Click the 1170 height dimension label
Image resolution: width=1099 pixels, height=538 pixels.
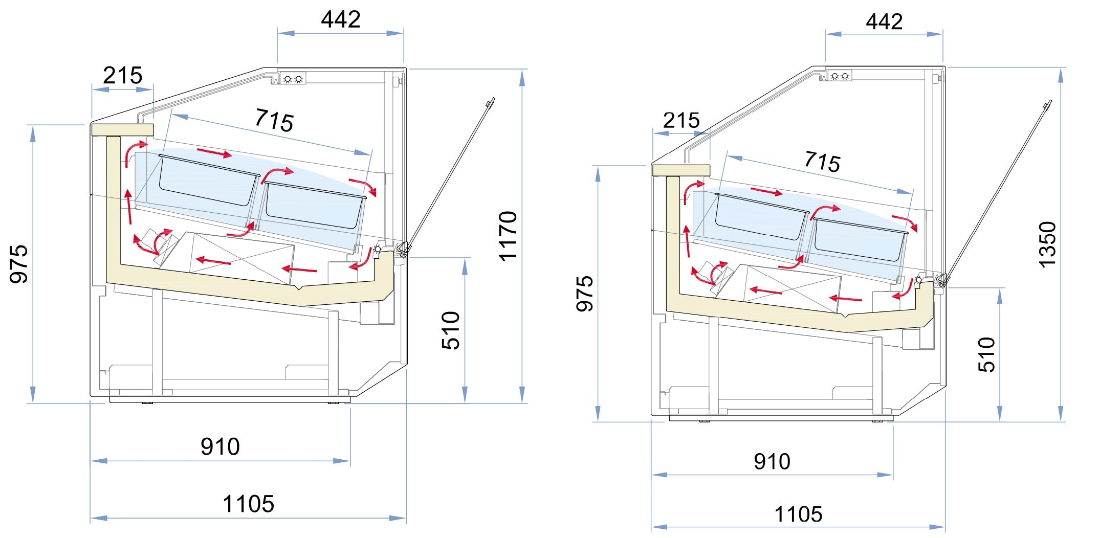[508, 236]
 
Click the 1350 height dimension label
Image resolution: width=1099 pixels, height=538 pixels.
[1047, 244]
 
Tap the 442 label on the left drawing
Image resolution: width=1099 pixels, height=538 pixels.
[341, 19]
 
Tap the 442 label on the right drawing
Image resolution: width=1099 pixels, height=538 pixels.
[884, 22]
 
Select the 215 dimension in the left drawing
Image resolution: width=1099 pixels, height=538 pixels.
[123, 76]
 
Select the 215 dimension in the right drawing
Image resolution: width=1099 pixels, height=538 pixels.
[682, 121]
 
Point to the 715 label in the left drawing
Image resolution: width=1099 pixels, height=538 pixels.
[274, 120]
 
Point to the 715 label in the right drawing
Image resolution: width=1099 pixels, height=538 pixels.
[822, 162]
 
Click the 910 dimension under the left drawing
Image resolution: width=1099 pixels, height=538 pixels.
[220, 447]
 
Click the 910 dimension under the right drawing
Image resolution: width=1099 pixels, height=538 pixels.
[772, 462]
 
